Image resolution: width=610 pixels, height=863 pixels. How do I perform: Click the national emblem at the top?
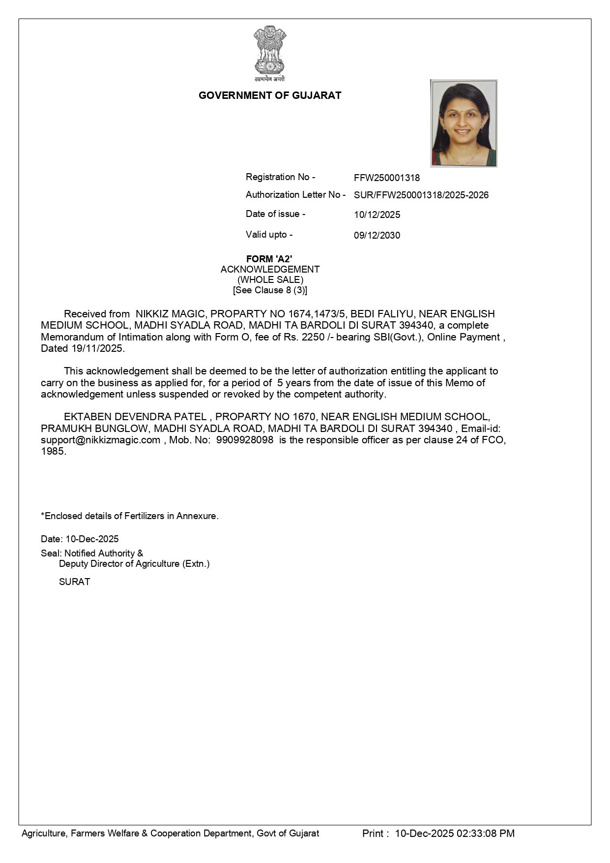tap(269, 53)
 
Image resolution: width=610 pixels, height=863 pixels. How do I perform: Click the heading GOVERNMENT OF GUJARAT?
tap(270, 95)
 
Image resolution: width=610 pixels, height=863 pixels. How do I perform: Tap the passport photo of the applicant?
tap(464, 123)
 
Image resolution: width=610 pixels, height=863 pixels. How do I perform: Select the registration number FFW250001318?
tap(387, 178)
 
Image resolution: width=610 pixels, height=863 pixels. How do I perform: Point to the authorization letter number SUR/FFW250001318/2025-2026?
tap(421, 195)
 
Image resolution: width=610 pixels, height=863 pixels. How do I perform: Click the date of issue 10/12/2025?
tap(377, 215)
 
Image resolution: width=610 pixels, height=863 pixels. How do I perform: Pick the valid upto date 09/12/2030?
tap(377, 235)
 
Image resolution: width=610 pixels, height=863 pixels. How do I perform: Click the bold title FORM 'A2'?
tap(269, 259)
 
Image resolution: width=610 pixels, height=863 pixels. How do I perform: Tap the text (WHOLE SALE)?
tap(270, 279)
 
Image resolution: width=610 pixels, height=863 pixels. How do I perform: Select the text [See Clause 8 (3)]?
tap(270, 290)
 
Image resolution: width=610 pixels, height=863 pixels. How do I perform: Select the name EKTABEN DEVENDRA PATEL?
tap(135, 417)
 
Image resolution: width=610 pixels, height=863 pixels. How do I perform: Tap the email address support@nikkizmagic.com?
tap(101, 440)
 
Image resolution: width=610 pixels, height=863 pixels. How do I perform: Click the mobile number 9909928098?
tap(245, 440)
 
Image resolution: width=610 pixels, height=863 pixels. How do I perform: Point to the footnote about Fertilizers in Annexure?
tap(130, 516)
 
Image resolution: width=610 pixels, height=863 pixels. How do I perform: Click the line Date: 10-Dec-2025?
tap(80, 539)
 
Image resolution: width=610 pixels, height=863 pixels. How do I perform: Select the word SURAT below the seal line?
tap(75, 582)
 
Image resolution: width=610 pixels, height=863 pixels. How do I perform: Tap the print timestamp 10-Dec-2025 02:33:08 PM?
tap(455, 833)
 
